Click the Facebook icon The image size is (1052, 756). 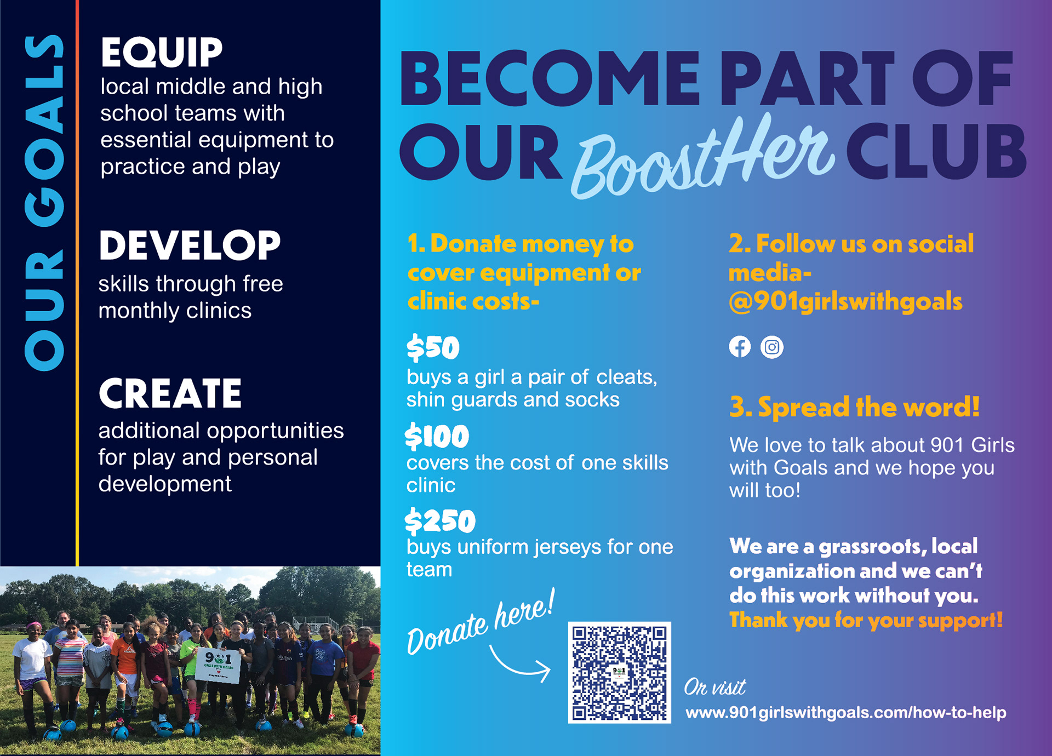(x=740, y=347)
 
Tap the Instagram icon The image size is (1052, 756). (x=772, y=347)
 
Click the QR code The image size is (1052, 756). (x=619, y=672)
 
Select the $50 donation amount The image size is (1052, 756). (x=433, y=347)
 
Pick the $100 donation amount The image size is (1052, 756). (x=437, y=437)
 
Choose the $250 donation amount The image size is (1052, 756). (x=440, y=521)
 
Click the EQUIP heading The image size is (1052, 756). (x=162, y=53)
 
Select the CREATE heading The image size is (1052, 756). (x=170, y=393)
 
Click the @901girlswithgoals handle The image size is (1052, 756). (x=845, y=301)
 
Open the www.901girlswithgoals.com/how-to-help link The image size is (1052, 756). (x=846, y=713)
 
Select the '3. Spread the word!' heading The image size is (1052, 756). (x=854, y=407)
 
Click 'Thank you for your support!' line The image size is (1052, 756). (x=866, y=620)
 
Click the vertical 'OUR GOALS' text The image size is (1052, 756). (x=44, y=203)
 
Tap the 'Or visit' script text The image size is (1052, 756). (x=715, y=687)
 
